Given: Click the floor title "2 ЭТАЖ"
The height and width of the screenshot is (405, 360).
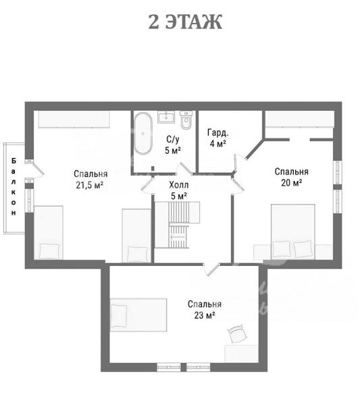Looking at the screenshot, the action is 185,22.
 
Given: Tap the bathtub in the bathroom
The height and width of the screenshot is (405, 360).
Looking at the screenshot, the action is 143,133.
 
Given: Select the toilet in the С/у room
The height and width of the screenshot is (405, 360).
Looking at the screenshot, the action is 186,120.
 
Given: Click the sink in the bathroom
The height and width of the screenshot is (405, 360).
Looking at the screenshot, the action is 166,117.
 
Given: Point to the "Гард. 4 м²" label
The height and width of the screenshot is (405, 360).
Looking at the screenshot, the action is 218,138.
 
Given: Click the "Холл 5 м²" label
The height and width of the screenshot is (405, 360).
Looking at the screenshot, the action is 178,190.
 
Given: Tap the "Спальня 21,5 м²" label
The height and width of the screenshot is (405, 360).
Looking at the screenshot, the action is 91,180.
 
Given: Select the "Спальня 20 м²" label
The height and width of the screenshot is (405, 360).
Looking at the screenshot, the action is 291,177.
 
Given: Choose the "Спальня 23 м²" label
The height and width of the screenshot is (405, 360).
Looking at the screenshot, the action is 205,309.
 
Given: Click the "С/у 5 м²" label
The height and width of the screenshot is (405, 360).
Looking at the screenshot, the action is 173,145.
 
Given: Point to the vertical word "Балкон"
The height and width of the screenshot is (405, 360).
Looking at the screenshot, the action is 14,187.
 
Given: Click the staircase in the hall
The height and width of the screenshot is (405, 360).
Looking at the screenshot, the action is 177,225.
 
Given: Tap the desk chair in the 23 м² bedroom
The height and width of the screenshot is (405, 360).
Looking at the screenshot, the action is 237,333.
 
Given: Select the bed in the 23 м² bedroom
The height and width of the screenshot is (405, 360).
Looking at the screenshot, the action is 138,315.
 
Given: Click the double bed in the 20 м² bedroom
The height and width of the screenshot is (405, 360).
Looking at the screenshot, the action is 293,232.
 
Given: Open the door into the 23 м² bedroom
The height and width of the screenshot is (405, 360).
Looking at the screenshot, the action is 211,269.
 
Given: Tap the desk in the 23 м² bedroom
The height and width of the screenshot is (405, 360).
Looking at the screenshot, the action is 241,354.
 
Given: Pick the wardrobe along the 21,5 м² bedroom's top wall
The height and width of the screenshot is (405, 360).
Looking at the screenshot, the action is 74,119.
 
